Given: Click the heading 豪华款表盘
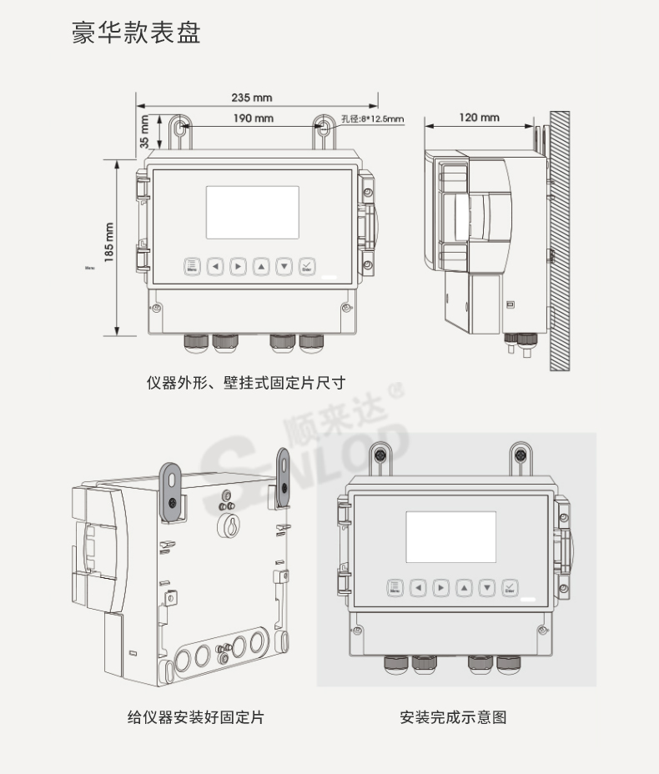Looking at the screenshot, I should tap(136, 34).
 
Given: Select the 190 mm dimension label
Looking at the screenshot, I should tap(253, 118).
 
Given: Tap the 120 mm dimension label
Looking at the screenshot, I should tap(479, 118).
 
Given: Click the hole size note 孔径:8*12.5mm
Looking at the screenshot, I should tap(372, 119).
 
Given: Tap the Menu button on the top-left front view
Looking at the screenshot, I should tap(193, 266).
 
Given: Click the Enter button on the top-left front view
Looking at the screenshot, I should tap(306, 266).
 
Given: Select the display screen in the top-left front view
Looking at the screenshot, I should tap(252, 212).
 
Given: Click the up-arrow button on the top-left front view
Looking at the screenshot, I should tap(261, 267).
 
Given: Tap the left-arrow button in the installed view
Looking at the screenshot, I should tap(418, 587).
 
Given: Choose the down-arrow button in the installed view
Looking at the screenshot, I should tap(487, 587).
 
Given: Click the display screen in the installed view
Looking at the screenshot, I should tap(450, 536).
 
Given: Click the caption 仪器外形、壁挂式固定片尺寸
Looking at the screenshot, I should tap(245, 383).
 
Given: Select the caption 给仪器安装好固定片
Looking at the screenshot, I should tap(195, 716).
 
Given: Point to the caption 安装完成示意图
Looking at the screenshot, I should tap(453, 716).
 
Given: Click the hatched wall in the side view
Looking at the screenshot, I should tap(559, 242).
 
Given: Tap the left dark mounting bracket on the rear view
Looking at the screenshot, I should tap(171, 492).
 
